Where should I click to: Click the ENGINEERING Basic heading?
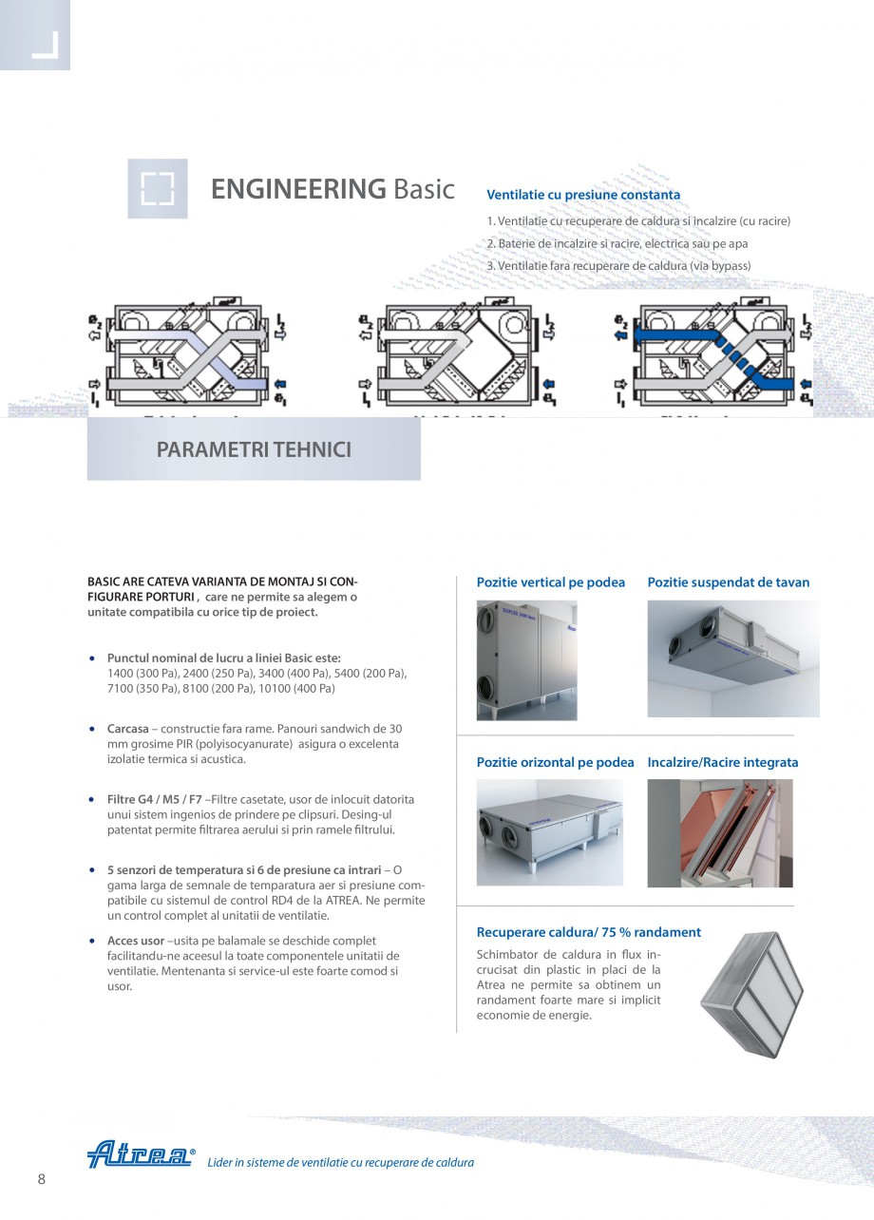pyautogui.click(x=332, y=188)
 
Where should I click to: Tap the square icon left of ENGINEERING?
pyautogui.click(x=158, y=188)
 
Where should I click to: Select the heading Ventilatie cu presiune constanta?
pyautogui.click(x=583, y=195)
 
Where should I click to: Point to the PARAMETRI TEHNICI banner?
pyautogui.click(x=254, y=449)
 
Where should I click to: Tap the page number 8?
pyautogui.click(x=41, y=1179)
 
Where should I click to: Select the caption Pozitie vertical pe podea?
pyautogui.click(x=550, y=582)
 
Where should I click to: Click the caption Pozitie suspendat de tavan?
pyautogui.click(x=728, y=582)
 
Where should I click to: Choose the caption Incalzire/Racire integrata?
pyautogui.click(x=722, y=762)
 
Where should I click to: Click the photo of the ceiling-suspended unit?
pyautogui.click(x=732, y=658)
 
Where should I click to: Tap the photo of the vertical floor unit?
pyautogui.click(x=526, y=659)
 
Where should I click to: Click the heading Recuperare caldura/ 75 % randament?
pyautogui.click(x=588, y=932)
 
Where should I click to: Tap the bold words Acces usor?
pyautogui.click(x=136, y=941)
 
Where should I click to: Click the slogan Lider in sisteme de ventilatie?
pyautogui.click(x=340, y=1162)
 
